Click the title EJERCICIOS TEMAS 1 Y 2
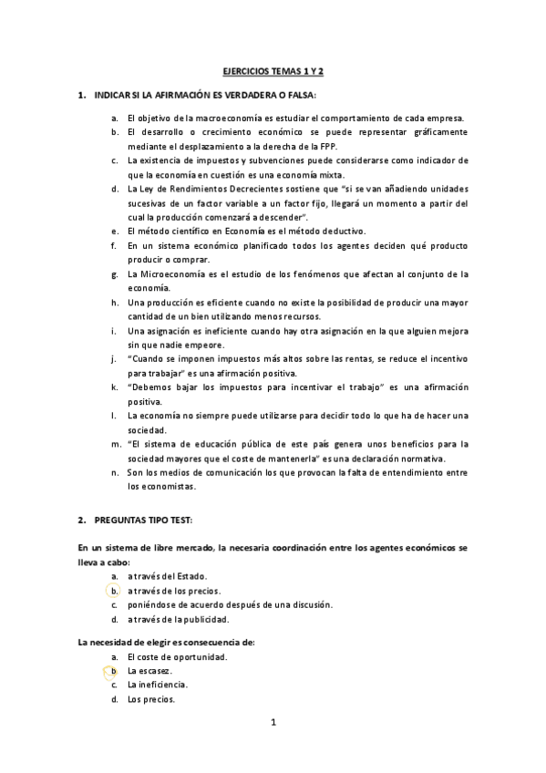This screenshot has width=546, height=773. click(x=273, y=71)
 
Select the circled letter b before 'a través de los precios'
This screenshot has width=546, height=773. click(x=115, y=591)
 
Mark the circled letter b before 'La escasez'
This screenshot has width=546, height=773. click(x=115, y=671)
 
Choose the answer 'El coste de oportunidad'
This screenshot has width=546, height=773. click(x=178, y=656)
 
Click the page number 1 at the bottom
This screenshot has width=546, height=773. click(x=273, y=723)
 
